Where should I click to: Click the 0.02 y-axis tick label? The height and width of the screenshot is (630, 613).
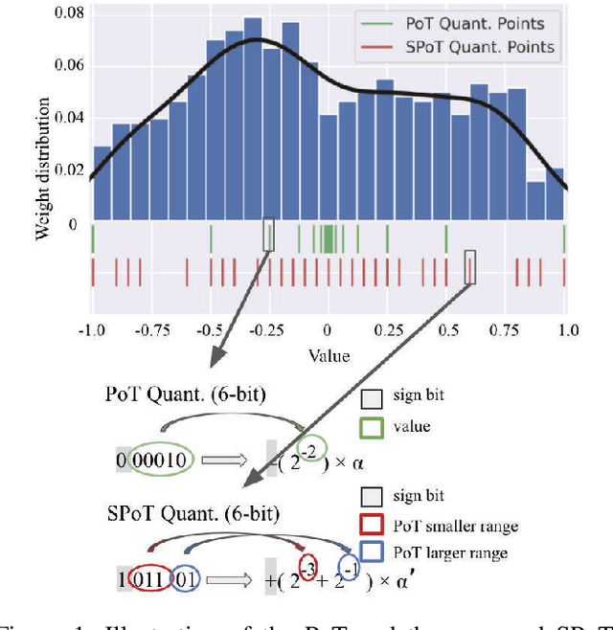pyautogui.click(x=70, y=169)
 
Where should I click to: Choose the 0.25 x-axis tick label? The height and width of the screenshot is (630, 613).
pyautogui.click(x=387, y=330)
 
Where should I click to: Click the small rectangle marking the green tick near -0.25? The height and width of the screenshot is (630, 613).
pyautogui.click(x=268, y=234)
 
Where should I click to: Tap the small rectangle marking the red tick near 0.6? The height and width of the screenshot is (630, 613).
pyautogui.click(x=469, y=267)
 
